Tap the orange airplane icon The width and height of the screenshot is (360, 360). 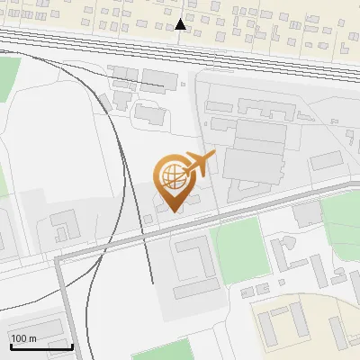click(x=199, y=163)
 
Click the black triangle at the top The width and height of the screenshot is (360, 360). click(x=181, y=24)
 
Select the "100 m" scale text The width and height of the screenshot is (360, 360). click(x=23, y=338)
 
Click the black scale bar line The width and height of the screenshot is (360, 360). click(x=40, y=346)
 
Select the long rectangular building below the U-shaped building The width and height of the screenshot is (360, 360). click(x=197, y=289)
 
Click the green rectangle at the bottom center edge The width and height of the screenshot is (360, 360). click(x=163, y=350)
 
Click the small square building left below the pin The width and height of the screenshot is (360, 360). click(x=148, y=219)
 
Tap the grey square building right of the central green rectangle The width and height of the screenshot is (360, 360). click(x=307, y=214)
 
